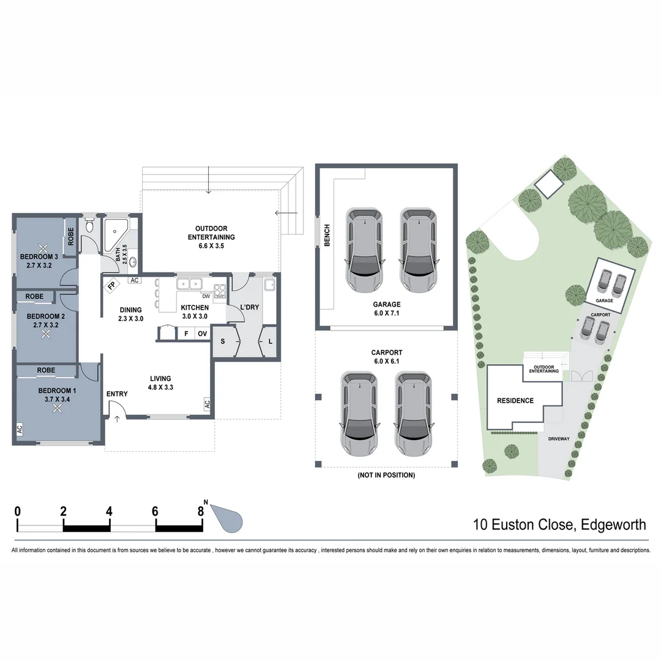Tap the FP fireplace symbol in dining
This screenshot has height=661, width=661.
(x=112, y=286)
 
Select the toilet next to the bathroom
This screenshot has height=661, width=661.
(x=89, y=228)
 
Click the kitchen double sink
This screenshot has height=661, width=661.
(x=190, y=283)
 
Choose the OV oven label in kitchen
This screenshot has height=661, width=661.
(x=201, y=334)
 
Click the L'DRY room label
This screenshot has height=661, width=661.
(x=248, y=307)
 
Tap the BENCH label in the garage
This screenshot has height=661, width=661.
(x=327, y=235)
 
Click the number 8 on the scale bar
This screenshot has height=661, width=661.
(x=201, y=511)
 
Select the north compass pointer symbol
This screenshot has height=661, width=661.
(x=228, y=519)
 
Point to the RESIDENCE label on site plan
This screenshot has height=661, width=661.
(x=515, y=401)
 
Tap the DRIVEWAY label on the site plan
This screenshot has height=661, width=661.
(x=558, y=439)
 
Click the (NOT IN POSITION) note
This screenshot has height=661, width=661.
(x=386, y=475)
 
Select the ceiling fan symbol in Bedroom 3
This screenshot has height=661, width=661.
(x=43, y=249)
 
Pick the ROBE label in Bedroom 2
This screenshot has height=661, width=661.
(x=34, y=296)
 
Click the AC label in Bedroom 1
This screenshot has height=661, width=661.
(x=20, y=430)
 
